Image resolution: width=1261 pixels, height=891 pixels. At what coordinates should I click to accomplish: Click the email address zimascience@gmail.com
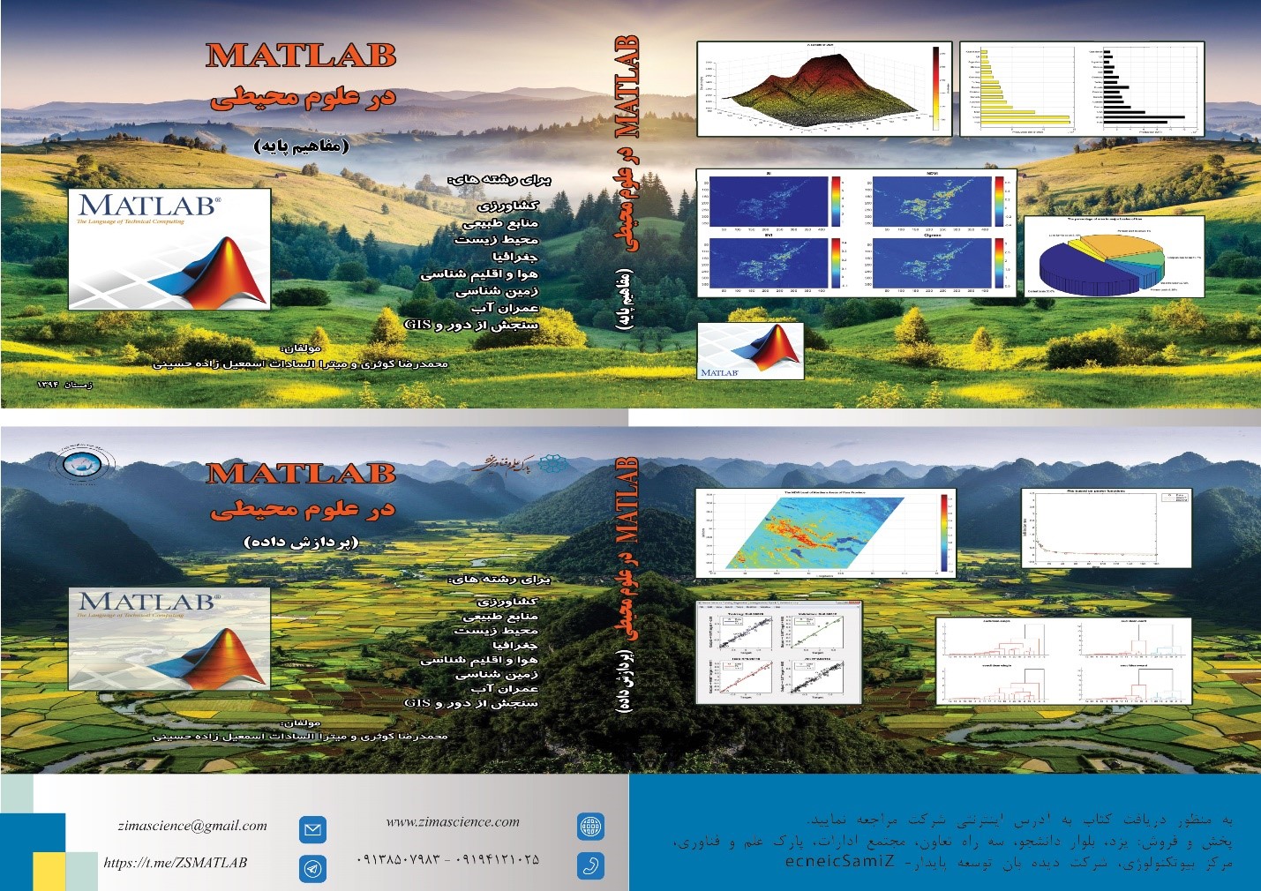click(x=192, y=826)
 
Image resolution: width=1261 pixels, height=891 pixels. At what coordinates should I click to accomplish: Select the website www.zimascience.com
click(x=453, y=822)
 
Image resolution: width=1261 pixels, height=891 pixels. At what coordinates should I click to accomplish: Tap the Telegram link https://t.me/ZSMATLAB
click(x=176, y=863)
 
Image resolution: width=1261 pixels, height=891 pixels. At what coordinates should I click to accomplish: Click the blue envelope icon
click(x=312, y=829)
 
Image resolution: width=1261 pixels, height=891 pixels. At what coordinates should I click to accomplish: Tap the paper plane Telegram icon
click(x=312, y=868)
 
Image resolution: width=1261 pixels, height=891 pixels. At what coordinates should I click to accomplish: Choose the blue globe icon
click(x=590, y=827)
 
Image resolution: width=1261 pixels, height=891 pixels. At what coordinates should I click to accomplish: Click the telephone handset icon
click(x=590, y=865)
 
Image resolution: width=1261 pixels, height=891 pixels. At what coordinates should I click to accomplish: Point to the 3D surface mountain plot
click(x=824, y=88)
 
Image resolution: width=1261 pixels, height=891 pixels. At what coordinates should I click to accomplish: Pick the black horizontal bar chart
click(x=1143, y=88)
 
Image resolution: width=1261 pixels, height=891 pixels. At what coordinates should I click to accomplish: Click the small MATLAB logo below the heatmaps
click(x=750, y=350)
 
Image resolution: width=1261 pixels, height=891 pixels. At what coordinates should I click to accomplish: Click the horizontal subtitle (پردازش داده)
click(x=301, y=542)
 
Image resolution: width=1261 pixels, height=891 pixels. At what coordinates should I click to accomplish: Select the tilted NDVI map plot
click(x=824, y=533)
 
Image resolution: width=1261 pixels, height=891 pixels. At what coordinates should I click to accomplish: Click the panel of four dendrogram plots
click(x=1063, y=662)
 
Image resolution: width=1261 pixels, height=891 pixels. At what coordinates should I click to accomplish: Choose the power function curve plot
click(x=1105, y=528)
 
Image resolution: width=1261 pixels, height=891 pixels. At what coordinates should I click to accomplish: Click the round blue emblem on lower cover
click(x=80, y=464)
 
